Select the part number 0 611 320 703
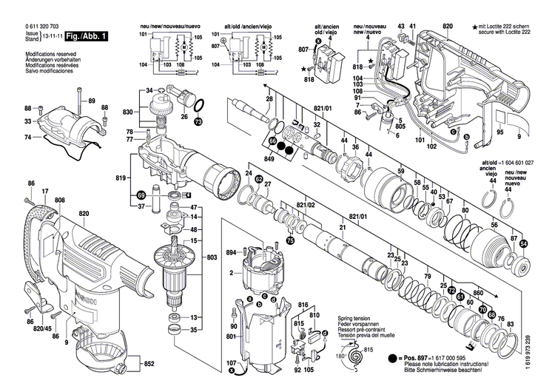(x=42, y=27)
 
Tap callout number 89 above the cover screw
(x=92, y=101)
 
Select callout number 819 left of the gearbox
(x=122, y=178)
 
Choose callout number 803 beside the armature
(x=212, y=257)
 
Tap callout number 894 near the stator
(x=231, y=253)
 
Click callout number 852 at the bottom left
(x=149, y=364)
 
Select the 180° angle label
(x=339, y=357)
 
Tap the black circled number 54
(x=524, y=243)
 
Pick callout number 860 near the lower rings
(x=478, y=293)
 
